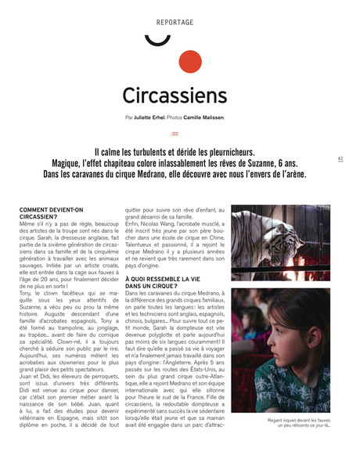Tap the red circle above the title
pos(189,63)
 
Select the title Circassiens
pos(175,95)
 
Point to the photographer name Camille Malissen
pos(203,117)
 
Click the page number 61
pos(340,157)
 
